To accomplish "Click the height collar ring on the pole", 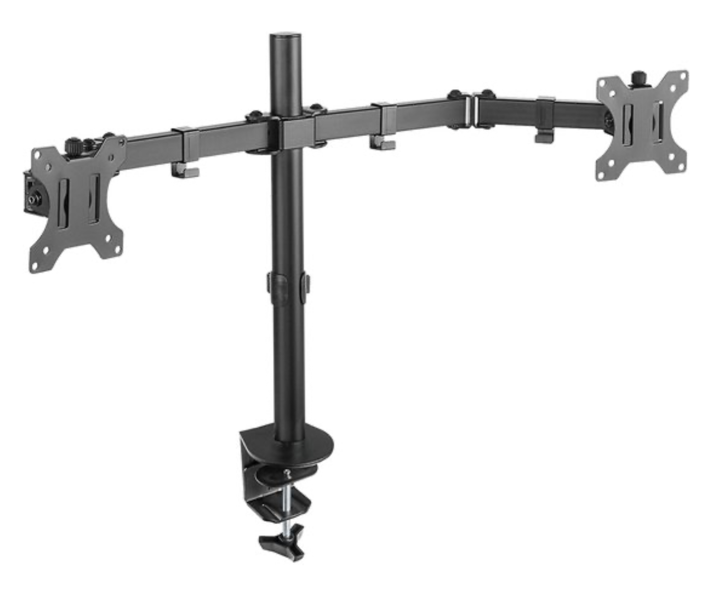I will click(x=289, y=284).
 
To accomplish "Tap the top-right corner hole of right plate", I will click(x=683, y=76).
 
